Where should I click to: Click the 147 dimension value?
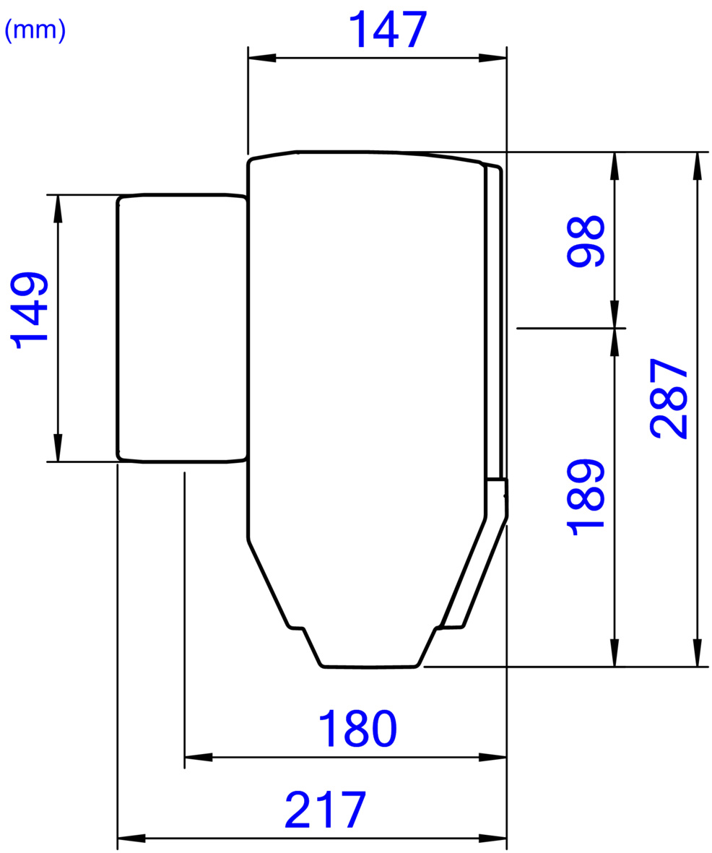point(387,30)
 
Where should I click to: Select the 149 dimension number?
point(30,310)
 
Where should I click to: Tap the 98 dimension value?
point(586,241)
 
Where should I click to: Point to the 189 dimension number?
point(586,497)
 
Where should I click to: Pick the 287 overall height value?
point(669,398)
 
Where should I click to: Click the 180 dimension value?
point(357,729)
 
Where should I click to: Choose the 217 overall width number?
point(325,810)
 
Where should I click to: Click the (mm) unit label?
point(35,30)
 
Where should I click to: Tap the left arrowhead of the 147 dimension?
point(261,58)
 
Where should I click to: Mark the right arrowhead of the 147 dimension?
point(492,58)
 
